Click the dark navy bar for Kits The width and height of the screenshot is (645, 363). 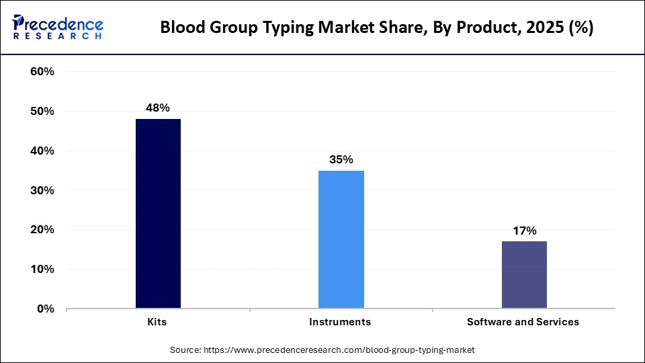(x=158, y=214)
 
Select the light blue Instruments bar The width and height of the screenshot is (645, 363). (x=341, y=239)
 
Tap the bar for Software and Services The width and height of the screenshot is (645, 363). (x=524, y=275)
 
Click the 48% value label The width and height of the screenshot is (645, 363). (x=158, y=108)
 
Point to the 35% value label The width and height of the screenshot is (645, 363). (x=341, y=159)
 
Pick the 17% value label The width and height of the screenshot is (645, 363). (x=524, y=231)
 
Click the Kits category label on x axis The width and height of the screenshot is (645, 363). (x=158, y=322)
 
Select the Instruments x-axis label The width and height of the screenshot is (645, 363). (x=340, y=322)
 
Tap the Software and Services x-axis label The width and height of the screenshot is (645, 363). (x=523, y=322)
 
